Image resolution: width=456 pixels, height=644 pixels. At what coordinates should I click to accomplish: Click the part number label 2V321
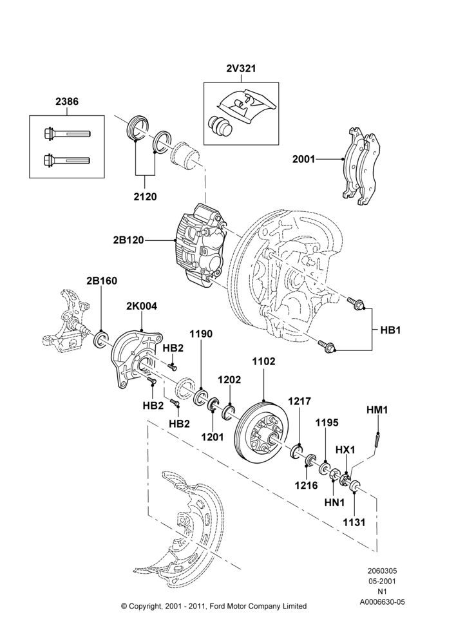241,69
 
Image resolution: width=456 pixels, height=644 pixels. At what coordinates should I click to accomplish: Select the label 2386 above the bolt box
67,102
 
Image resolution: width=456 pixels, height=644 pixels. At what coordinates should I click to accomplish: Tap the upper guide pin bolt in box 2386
66,133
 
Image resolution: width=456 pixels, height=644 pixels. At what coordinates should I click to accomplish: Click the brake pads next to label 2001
361,165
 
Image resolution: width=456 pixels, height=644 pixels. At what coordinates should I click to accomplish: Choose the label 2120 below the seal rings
145,196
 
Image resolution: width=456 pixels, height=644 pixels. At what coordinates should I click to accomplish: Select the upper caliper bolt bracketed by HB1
356,304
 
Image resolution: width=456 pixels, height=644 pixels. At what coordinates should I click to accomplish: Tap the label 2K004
141,306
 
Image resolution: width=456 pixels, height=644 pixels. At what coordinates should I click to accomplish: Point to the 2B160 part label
102,281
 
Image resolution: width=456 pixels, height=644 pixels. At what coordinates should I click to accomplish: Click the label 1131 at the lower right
354,522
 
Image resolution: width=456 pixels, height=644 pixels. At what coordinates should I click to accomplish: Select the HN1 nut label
334,502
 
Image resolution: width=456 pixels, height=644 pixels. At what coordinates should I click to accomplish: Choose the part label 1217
299,401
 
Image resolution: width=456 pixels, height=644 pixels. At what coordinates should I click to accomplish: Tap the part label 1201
213,437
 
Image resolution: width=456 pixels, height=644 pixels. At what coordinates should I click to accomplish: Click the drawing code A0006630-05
383,602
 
